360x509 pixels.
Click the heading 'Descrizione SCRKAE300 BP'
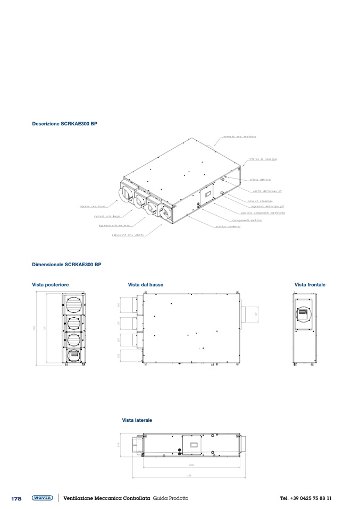click(65, 124)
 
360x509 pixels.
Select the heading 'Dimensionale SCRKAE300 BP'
click(66, 264)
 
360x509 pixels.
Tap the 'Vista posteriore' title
click(51, 285)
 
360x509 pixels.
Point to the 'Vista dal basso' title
click(146, 285)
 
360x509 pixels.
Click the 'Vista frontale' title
click(310, 285)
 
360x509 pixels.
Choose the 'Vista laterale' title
click(137, 420)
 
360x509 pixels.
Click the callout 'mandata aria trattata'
click(240, 136)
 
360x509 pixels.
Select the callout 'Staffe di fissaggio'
click(263, 159)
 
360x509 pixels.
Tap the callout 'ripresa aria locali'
click(93, 207)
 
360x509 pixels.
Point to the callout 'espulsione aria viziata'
click(128, 234)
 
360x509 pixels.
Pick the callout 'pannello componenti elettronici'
click(263, 213)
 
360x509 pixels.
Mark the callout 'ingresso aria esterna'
click(111, 225)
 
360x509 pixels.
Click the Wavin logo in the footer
click(42, 498)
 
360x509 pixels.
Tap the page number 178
click(16, 498)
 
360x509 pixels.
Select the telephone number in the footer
click(306, 498)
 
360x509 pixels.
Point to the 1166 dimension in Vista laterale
click(189, 476)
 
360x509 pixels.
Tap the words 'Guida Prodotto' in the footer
click(170, 498)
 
